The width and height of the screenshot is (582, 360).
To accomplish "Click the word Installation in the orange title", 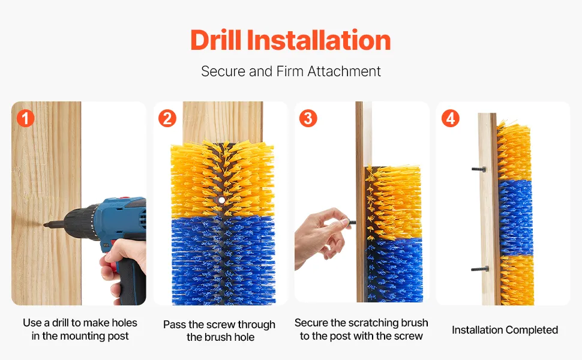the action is pyautogui.click(x=319, y=40).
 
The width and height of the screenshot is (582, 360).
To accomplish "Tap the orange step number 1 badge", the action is pyautogui.click(x=25, y=118).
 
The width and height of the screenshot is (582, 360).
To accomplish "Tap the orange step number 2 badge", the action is pyautogui.click(x=167, y=118).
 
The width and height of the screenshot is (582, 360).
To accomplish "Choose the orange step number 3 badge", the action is pyautogui.click(x=308, y=118).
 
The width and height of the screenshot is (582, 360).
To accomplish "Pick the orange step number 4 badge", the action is pyautogui.click(x=450, y=118).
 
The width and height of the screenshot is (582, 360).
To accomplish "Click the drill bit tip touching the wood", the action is pyautogui.click(x=44, y=224).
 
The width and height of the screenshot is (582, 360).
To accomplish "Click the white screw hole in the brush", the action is pyautogui.click(x=221, y=200).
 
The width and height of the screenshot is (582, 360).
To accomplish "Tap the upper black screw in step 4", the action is pyautogui.click(x=479, y=169).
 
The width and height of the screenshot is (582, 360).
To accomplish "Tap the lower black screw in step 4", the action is pyautogui.click(x=479, y=269).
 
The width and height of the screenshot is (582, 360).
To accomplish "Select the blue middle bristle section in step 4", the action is pyautogui.click(x=516, y=218).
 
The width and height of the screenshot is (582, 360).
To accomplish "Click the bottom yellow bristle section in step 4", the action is pyautogui.click(x=517, y=280).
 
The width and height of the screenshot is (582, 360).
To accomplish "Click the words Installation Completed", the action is pyautogui.click(x=505, y=330).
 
